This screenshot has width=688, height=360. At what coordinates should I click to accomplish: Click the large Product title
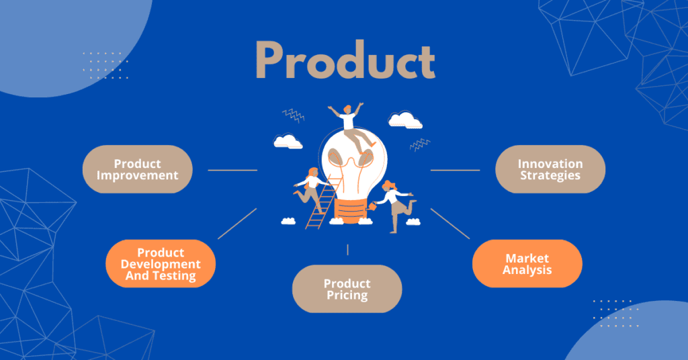point(345,60)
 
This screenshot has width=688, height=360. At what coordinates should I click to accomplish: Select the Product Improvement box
point(137,169)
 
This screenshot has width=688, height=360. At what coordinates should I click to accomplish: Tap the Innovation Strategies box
point(550,169)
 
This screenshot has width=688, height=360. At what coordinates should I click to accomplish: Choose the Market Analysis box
point(527,263)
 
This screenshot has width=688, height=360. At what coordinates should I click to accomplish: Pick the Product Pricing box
point(347,289)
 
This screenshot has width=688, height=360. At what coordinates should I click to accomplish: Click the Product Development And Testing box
point(161,263)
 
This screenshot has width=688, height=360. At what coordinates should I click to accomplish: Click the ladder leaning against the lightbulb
point(323,202)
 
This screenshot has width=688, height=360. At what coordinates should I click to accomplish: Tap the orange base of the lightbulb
point(350,210)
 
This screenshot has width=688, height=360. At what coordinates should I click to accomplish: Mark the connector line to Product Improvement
point(232,170)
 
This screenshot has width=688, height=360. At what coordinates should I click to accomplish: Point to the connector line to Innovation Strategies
point(455,170)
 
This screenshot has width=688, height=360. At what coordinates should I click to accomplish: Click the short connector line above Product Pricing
point(347,250)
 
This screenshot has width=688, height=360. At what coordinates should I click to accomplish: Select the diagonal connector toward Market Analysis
point(450,224)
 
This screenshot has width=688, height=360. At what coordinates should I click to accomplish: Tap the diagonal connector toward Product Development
point(237,224)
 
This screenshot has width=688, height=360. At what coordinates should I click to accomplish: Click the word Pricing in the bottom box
point(347,296)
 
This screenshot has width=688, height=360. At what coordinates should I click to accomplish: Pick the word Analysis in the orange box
point(527,270)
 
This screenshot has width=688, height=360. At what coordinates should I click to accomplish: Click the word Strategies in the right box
point(550,175)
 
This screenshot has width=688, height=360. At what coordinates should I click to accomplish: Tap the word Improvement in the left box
point(137,175)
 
